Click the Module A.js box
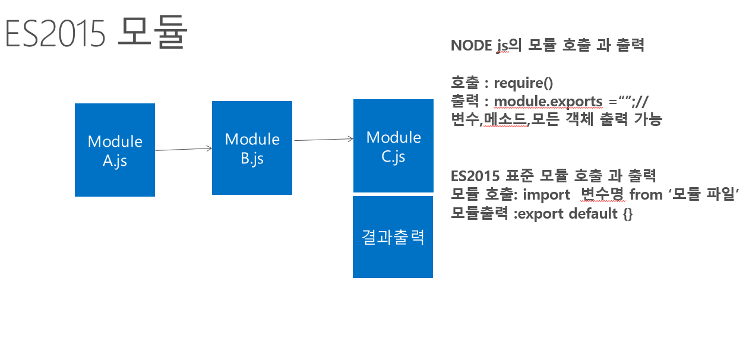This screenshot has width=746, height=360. [115, 150]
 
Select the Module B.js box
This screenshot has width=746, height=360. [252, 148]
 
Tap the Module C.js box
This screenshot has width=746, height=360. [393, 146]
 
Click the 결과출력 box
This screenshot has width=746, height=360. [393, 237]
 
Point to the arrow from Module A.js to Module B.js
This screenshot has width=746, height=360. [184, 149]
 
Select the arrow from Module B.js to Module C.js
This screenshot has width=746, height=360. [324, 139]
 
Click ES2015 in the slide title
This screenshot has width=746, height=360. [55, 34]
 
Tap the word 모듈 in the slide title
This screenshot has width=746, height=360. [153, 32]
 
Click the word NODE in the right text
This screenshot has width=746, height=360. [471, 45]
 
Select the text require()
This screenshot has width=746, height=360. [523, 83]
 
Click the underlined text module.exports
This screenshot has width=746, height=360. [548, 102]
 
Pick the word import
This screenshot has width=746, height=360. [546, 195]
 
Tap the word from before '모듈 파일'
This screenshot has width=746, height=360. [646, 194]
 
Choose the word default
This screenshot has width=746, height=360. [593, 213]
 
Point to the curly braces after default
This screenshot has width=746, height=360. [628, 214]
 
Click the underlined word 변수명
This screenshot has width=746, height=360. [602, 194]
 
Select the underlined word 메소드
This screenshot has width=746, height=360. [505, 119]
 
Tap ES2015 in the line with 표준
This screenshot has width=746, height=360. [475, 176]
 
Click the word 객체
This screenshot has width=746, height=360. [579, 119]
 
